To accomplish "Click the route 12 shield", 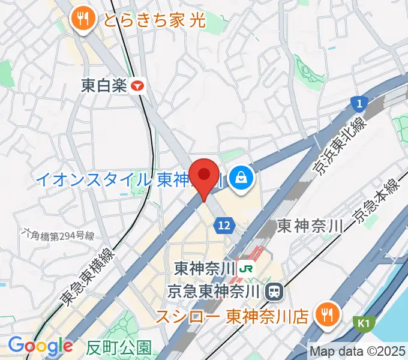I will pyautogui.click(x=224, y=225).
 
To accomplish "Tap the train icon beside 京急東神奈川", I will pyautogui.click(x=275, y=292).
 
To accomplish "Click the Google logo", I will pyautogui.click(x=40, y=346).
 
